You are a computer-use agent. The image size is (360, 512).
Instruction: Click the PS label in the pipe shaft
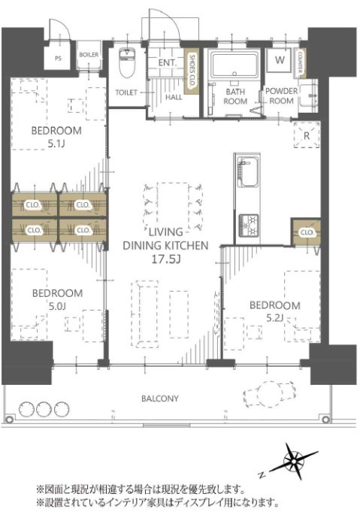(x=58, y=59)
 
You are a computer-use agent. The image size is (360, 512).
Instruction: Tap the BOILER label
(x=89, y=55)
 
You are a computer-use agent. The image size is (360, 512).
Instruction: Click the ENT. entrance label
(x=168, y=62)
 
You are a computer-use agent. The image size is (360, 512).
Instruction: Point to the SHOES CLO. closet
(x=191, y=71)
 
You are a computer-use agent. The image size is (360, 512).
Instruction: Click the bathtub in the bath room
(x=234, y=65)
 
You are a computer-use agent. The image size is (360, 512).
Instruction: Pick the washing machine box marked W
(x=280, y=59)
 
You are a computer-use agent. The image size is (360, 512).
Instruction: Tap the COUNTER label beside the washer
(x=301, y=62)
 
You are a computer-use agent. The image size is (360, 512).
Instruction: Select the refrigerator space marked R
(x=307, y=135)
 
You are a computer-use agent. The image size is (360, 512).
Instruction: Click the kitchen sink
(x=248, y=172)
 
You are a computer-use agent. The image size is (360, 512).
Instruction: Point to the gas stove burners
(x=249, y=226)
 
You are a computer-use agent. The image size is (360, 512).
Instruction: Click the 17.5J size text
(x=166, y=259)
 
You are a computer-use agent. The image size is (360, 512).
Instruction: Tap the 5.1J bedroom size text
(x=56, y=144)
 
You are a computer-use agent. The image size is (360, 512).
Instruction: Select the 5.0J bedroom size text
(x=57, y=306)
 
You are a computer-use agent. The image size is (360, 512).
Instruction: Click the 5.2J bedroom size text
(x=275, y=318)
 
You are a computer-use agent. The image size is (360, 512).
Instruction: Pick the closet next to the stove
(x=306, y=232)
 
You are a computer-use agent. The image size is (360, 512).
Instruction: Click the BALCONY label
(x=160, y=398)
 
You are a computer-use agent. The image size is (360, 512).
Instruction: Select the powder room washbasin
(x=308, y=95)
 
